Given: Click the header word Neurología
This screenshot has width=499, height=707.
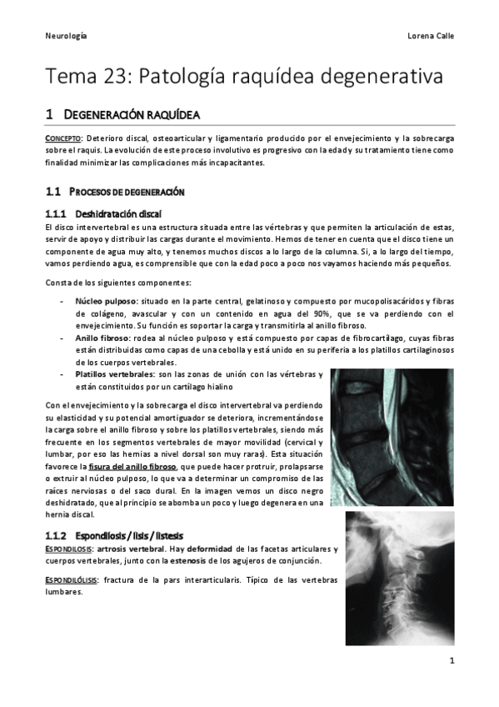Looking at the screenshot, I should pyautogui.click(x=66, y=37).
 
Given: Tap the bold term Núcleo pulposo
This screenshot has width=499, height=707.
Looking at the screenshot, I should pyautogui.click(x=106, y=299).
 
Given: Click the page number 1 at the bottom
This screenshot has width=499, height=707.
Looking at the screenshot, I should pyautogui.click(x=450, y=662).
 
